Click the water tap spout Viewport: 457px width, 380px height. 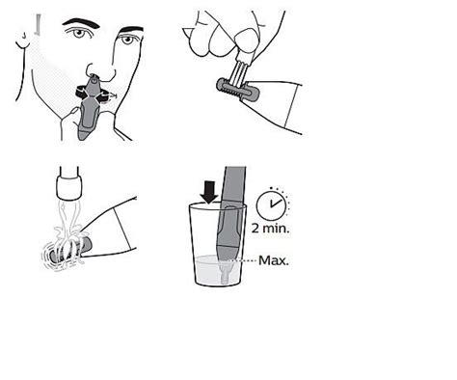(67, 182)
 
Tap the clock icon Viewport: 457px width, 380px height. (276, 204)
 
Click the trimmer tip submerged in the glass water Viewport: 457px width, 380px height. (226, 271)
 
